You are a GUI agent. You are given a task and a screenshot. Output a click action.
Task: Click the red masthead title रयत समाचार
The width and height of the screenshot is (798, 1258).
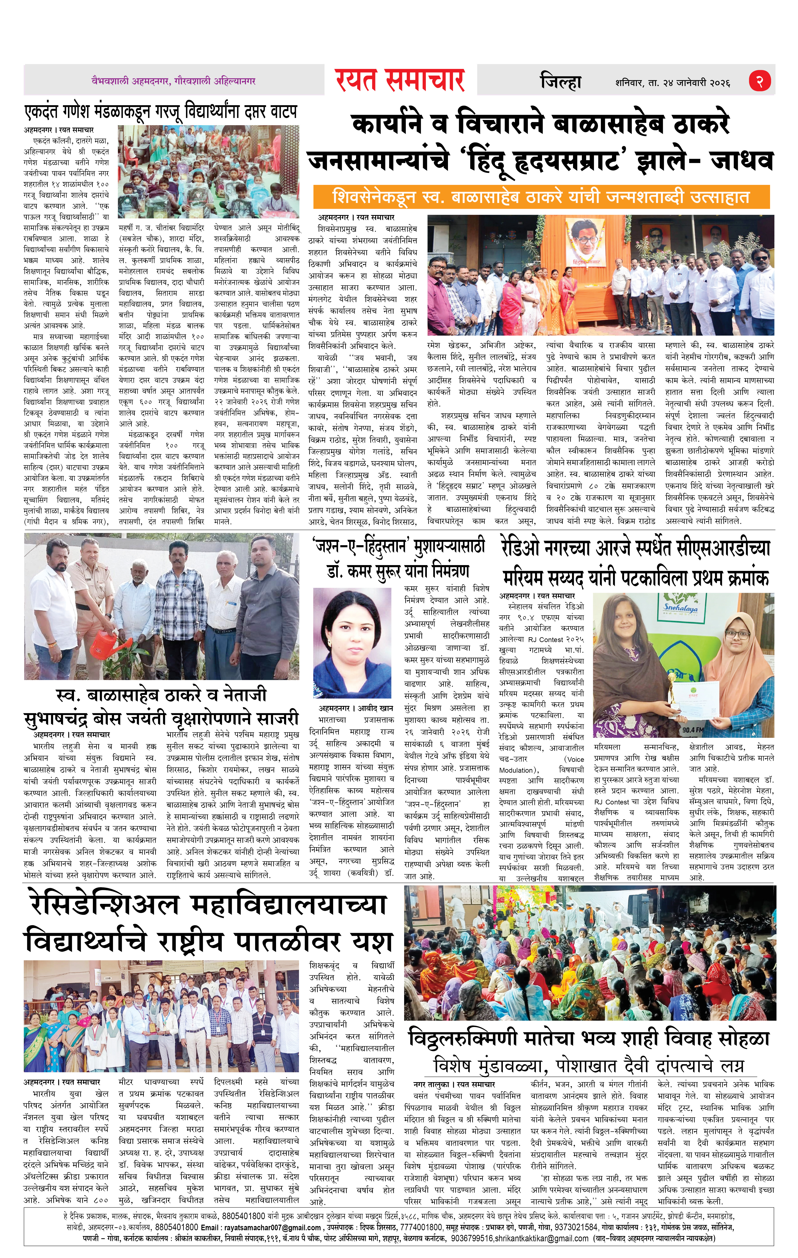(x=400, y=80)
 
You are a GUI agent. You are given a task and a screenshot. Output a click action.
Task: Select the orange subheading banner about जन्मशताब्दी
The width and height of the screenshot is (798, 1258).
(x=541, y=197)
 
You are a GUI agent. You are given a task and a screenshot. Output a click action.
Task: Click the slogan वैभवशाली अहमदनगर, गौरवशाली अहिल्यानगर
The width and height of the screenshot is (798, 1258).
(x=174, y=81)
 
